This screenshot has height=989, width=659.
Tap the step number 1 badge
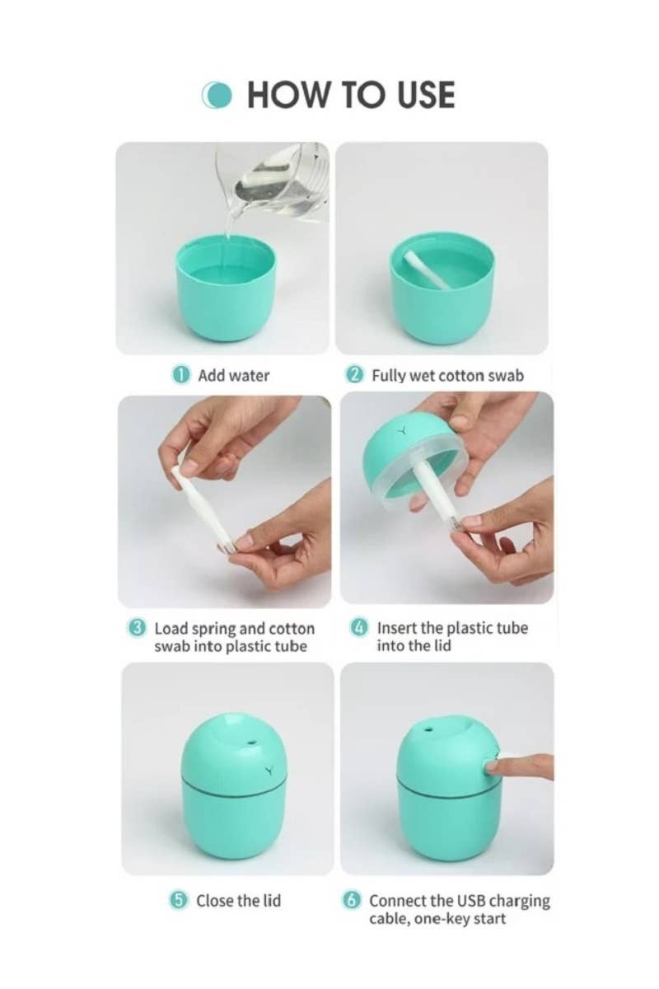point(180,374)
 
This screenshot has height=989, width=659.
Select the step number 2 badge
point(355,375)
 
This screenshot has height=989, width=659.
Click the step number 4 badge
point(360,628)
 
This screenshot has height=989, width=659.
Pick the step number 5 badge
point(179,901)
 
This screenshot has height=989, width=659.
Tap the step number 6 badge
point(352,901)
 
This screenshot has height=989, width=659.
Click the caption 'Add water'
point(234,375)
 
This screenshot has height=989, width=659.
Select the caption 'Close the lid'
point(238,901)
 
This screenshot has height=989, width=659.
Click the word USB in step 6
point(465,901)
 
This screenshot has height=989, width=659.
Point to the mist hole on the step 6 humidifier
point(428,730)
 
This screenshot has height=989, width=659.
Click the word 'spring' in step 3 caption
point(213,628)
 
